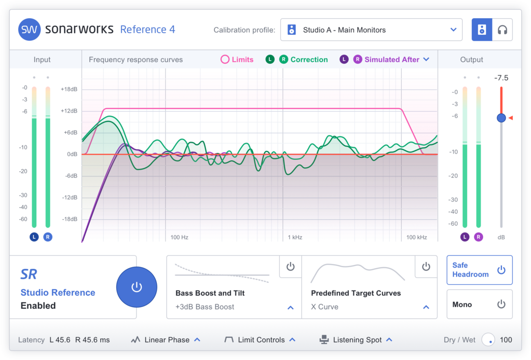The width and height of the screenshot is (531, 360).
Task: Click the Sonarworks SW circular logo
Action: tap(30, 30)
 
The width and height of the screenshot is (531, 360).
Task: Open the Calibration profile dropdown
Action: tap(371, 30)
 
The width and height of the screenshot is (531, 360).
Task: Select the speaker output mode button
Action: tap(482, 30)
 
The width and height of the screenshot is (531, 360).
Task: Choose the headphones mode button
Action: tap(502, 30)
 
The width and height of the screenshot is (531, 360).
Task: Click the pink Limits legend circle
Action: tap(225, 60)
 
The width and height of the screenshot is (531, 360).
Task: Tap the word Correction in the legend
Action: tap(309, 60)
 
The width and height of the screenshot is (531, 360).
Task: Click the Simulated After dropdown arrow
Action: tap(426, 60)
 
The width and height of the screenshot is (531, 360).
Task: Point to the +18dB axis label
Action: tap(69, 89)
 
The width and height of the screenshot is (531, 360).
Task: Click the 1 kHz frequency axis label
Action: tap(295, 238)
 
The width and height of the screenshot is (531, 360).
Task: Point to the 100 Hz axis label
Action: tap(179, 238)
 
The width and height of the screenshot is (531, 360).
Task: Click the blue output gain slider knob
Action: tap(501, 118)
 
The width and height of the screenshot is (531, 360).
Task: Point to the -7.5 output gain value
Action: tap(501, 78)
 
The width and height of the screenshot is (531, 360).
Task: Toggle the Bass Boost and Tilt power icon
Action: tap(290, 267)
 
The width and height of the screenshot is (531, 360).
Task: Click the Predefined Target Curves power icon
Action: tap(426, 267)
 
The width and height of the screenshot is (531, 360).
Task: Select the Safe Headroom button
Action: tap(479, 270)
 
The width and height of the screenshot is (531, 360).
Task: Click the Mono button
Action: tap(479, 304)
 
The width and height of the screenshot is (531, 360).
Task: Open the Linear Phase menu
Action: tap(167, 340)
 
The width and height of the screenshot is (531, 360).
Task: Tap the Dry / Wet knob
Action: tap(488, 340)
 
